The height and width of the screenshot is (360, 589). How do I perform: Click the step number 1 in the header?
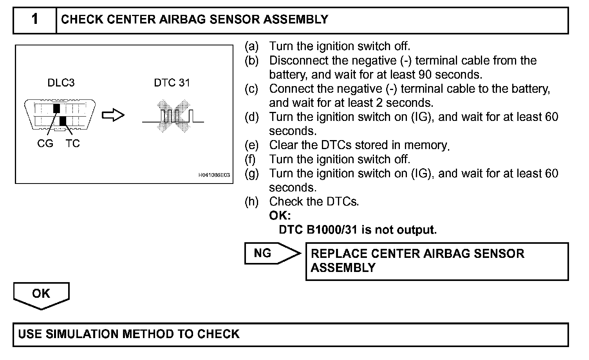pos(35,19)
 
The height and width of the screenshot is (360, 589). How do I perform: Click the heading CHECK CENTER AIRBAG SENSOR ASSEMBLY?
pos(195,20)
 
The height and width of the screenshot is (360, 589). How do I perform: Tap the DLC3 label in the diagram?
pos(61,83)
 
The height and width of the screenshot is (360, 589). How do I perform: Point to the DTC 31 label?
pos(172,83)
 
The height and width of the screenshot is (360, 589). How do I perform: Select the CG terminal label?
pos(45,144)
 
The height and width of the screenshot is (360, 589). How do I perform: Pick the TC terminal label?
pos(72,144)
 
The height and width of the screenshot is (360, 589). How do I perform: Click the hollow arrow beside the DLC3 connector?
pos(113,115)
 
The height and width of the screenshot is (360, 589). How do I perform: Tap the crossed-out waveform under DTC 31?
pos(173,116)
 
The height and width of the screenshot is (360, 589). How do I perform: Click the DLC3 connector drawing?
pos(60,115)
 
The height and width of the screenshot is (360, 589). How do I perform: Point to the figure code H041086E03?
pos(214,175)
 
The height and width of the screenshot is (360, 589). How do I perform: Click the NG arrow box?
pos(271,253)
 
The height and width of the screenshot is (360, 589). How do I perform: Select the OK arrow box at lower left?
pos(41,295)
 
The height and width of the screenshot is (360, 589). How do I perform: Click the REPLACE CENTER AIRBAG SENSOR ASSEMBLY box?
pos(437,261)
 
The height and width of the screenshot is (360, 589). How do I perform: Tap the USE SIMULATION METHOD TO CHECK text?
pos(129,334)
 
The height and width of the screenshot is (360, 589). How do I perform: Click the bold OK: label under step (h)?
pos(280,216)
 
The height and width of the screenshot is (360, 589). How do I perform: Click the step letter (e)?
pos(251,145)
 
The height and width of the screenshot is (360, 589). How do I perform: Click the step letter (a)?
pos(251,46)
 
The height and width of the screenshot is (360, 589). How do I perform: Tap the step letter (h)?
pos(251,202)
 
